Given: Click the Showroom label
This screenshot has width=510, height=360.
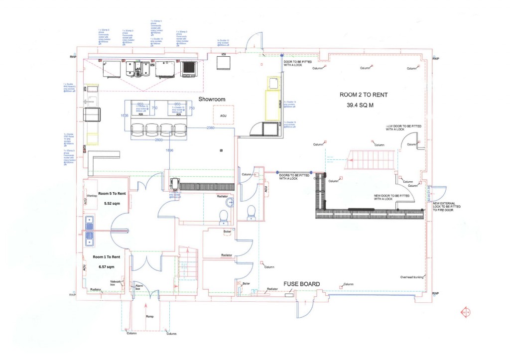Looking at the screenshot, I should point(212,99).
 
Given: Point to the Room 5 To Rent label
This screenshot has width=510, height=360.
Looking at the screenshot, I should point(113,193).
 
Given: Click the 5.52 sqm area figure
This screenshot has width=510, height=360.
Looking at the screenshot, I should point(113,204).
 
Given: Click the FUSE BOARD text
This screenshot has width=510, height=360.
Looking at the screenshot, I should point(301,284).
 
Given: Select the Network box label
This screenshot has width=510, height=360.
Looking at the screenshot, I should point(116,283).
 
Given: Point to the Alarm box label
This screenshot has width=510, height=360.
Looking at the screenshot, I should point(139,287).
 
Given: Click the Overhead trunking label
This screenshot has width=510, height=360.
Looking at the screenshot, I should point(411,277).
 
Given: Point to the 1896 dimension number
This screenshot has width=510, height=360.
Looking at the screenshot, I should point(170,150).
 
